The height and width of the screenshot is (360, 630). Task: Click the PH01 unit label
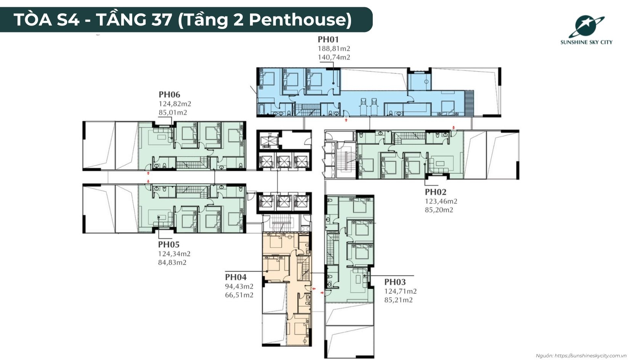coord(328,39)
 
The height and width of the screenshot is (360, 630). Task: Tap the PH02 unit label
coord(435,192)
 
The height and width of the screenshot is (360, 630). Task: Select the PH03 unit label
coord(395,282)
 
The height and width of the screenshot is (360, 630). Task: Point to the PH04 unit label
coord(236,277)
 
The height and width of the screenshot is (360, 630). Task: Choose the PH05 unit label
coord(168,245)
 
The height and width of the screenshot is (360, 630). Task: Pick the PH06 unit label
coord(169,94)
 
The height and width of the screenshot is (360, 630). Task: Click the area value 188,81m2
coord(334,49)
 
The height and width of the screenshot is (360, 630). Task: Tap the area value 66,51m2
coord(239,295)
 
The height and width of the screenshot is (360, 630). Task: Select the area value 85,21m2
coord(399,300)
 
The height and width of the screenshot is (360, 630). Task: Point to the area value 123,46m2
coord(441,201)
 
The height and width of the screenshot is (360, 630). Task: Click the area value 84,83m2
coord(172,262)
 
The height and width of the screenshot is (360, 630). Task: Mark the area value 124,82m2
coord(175,104)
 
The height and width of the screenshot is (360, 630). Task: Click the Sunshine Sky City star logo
coord(587,27)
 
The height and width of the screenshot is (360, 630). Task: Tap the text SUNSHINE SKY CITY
coord(587,42)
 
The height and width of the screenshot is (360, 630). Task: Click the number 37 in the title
coord(162,20)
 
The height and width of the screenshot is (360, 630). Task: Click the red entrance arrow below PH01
coord(346,120)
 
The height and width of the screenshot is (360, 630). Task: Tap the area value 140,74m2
coord(334,57)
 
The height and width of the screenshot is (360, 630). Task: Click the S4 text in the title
coord(68,20)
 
